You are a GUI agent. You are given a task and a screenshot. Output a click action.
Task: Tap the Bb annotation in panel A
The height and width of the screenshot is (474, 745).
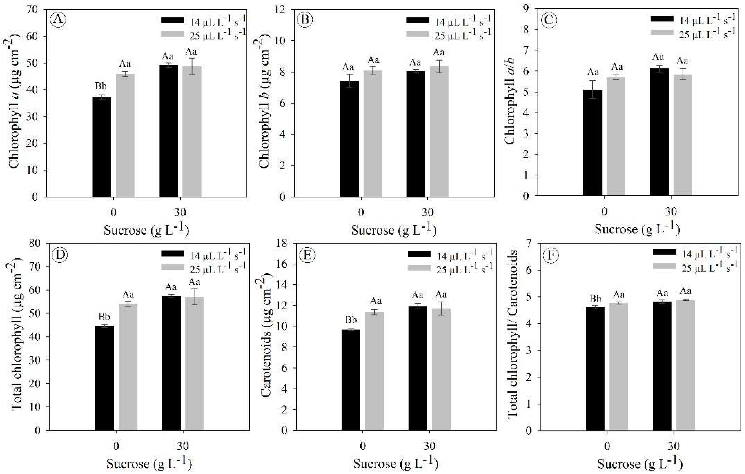[x=101, y=86]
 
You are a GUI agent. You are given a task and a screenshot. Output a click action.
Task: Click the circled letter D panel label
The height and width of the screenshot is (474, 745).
[x=60, y=255]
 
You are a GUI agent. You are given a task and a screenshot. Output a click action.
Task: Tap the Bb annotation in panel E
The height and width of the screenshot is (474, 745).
[x=351, y=320]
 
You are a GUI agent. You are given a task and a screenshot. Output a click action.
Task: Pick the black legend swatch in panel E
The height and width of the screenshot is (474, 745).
[x=419, y=254]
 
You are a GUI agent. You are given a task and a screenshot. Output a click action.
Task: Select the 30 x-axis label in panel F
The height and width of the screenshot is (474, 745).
[x=673, y=446]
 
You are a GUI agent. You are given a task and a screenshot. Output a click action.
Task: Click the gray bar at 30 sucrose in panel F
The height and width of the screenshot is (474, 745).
[x=685, y=365]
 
